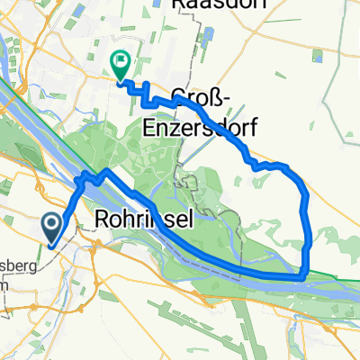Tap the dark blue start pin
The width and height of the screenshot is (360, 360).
(x=52, y=225)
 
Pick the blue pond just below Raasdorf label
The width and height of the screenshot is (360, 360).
(x=208, y=39)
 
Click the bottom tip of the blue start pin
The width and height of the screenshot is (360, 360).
(x=52, y=243)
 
